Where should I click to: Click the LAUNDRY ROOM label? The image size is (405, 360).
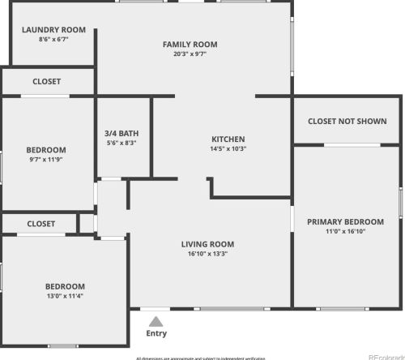click(x=48, y=30)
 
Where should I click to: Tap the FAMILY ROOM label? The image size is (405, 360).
click(x=190, y=45)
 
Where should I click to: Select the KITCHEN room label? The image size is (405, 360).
click(x=228, y=139)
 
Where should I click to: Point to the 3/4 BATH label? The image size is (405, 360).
click(x=121, y=133)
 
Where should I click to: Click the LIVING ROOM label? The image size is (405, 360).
click(x=207, y=243)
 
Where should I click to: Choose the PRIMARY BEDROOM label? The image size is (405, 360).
click(x=345, y=221)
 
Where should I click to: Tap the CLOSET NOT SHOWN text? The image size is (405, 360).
click(x=347, y=121)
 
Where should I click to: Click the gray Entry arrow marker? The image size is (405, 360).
click(x=156, y=321)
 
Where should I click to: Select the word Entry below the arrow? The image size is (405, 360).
click(x=156, y=333)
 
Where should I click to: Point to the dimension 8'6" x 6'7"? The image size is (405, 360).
click(x=48, y=39)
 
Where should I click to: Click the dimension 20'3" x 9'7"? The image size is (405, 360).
click(x=190, y=54)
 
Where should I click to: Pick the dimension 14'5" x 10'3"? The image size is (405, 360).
click(x=228, y=148)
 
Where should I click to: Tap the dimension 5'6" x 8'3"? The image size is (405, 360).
click(x=121, y=143)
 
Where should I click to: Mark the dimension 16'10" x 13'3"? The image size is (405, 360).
click(x=207, y=253)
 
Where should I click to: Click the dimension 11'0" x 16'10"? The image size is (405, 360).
click(x=345, y=231)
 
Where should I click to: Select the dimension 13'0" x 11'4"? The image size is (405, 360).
click(x=65, y=296)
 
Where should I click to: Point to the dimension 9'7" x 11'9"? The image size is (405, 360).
click(x=46, y=160)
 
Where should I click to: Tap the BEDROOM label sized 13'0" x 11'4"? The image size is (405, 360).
click(x=65, y=286)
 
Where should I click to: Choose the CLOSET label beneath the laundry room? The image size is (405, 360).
click(x=46, y=81)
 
